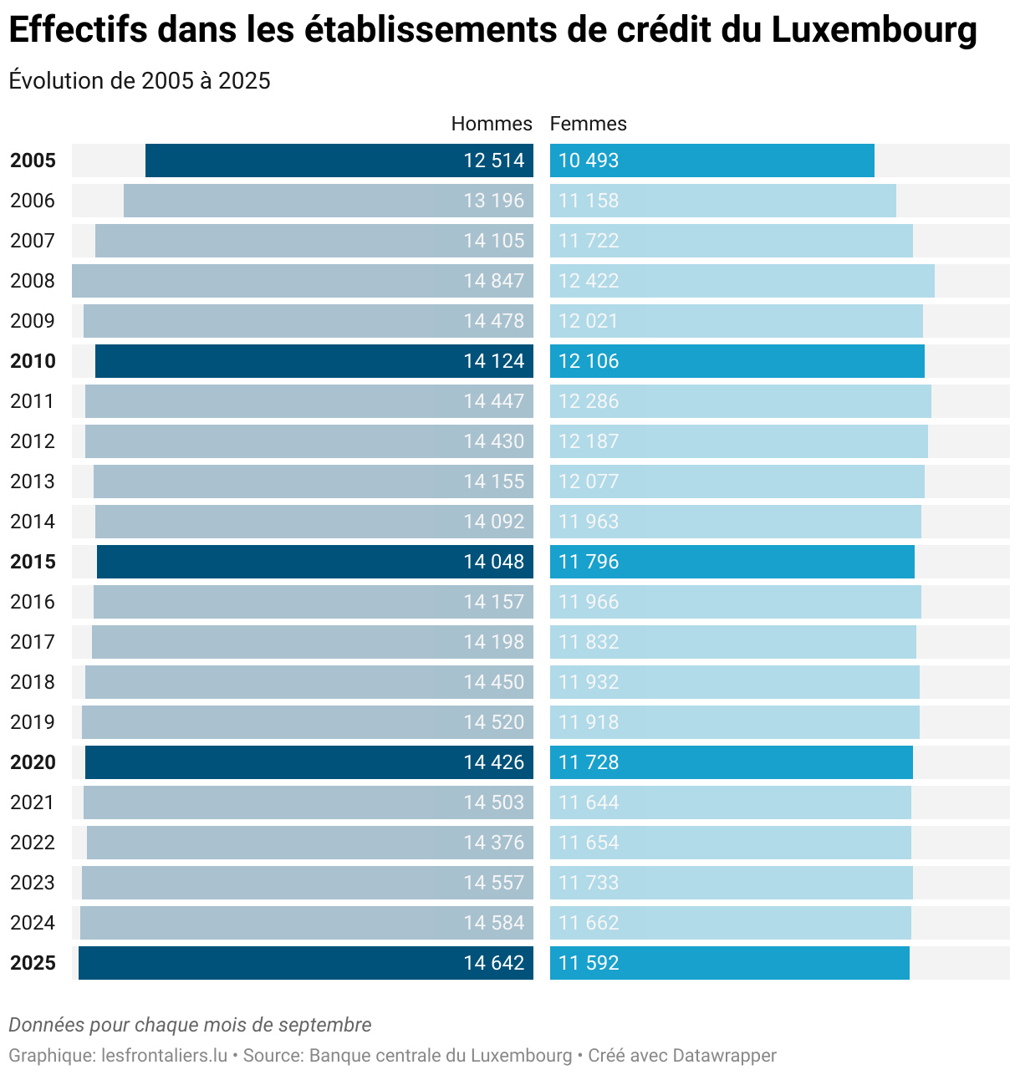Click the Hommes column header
(491, 124)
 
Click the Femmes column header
(588, 124)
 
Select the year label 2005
(33, 160)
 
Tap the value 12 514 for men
(493, 160)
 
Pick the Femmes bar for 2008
(742, 281)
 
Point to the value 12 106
(589, 361)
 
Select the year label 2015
(33, 562)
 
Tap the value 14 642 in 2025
(493, 963)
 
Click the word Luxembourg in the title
(874, 30)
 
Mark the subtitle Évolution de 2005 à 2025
(140, 80)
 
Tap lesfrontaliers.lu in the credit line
(164, 1056)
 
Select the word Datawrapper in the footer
(724, 1056)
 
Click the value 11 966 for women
(589, 602)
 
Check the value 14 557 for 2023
(493, 883)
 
